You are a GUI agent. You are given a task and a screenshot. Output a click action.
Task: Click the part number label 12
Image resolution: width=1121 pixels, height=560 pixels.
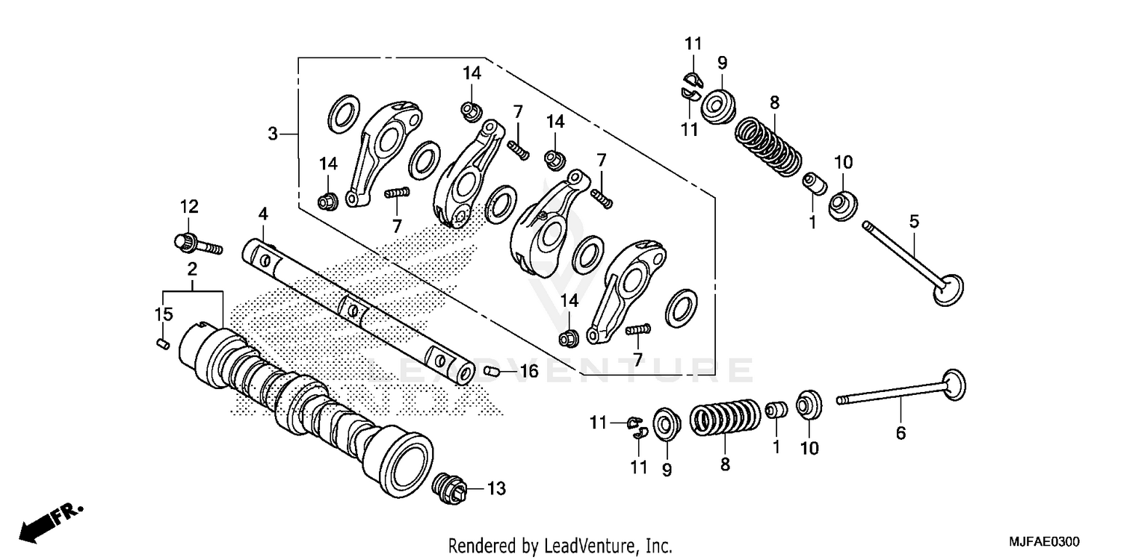188,206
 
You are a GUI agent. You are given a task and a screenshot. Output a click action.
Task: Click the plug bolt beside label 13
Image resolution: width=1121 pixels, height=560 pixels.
451,488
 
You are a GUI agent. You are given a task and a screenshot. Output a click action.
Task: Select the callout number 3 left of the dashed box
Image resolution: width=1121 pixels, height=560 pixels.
274,134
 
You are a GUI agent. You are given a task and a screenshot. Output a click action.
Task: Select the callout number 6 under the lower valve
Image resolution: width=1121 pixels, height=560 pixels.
901,432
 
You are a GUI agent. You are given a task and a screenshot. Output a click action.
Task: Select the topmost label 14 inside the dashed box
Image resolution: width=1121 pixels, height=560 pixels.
472,73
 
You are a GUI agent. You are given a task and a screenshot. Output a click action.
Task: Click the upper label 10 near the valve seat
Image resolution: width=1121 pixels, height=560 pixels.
843,162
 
